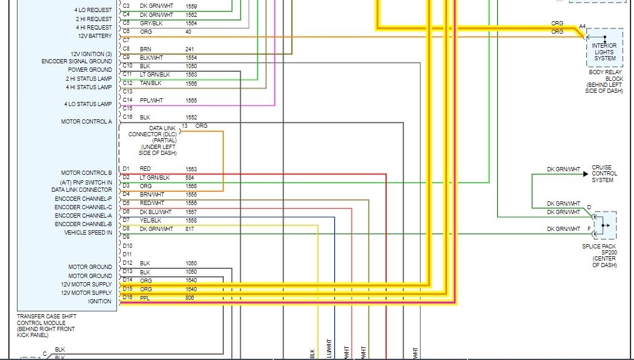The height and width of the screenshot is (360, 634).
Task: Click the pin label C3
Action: tap(126, 6)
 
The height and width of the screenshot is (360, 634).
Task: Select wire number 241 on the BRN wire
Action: tap(189, 49)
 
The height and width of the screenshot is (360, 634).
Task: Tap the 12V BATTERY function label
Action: tap(95, 36)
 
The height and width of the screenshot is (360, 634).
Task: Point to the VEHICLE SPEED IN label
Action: tap(88, 233)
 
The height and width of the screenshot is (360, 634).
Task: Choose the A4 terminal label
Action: tap(582, 26)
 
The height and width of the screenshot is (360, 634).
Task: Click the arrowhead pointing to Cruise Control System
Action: tap(585, 174)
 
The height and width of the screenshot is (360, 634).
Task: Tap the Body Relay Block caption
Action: tap(604, 81)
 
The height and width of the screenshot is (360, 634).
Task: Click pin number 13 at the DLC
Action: tap(185, 125)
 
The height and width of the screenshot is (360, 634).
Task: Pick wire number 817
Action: tap(190, 229)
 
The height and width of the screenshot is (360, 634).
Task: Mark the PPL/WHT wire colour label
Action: tap(151, 100)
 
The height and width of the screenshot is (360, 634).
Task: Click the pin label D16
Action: tap(127, 297)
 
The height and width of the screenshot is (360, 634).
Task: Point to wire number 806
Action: tap(190, 298)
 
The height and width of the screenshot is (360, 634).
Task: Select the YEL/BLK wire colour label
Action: tap(150, 221)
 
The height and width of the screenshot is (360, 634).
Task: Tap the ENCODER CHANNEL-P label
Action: tap(83, 199)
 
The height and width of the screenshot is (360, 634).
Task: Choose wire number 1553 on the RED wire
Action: tap(191, 169)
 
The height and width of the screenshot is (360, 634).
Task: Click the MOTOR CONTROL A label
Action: tap(86, 122)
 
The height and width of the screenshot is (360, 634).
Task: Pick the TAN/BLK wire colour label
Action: tap(150, 83)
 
